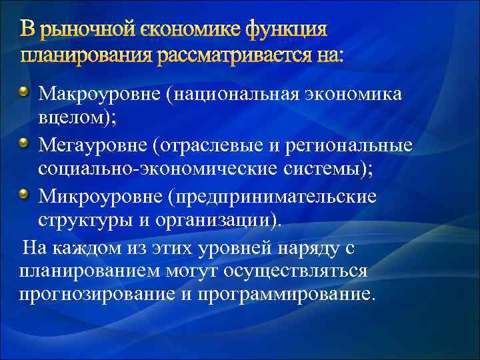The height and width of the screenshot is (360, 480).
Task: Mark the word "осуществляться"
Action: click(307, 271)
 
